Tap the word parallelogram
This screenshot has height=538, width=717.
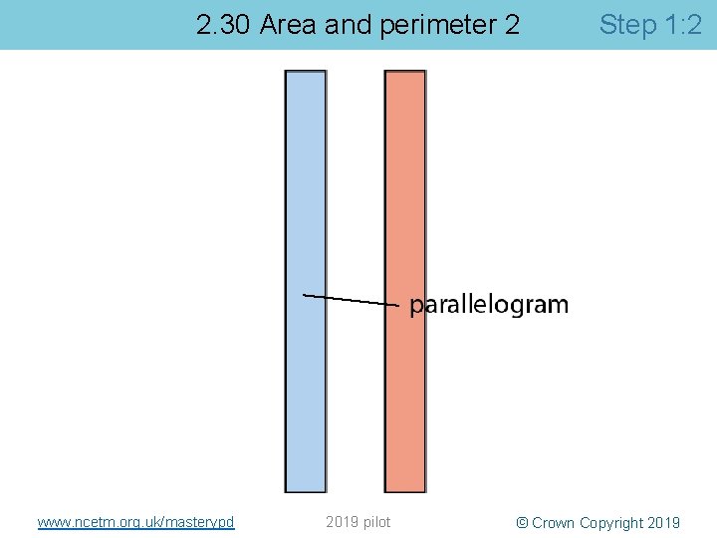489,305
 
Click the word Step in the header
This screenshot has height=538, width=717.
627,25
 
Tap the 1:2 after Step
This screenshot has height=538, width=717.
682,25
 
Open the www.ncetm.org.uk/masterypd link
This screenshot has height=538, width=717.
135,522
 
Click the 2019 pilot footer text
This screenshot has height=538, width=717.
358,522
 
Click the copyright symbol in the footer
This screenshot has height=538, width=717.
522,523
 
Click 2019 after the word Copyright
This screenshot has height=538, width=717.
664,523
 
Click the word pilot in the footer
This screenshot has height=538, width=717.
375,522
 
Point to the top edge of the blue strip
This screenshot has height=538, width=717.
306,72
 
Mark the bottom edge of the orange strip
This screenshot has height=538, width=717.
405,491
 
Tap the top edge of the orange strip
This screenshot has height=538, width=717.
405,72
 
